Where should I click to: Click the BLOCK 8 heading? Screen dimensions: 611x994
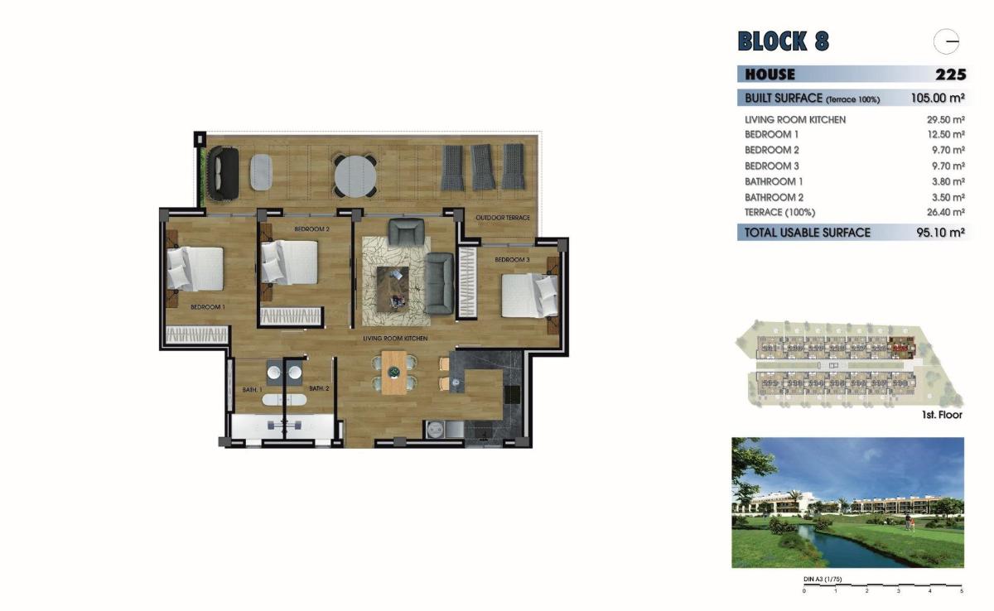click(x=783, y=41)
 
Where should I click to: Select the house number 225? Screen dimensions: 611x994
click(x=950, y=75)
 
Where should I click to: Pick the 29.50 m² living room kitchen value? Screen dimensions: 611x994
click(x=945, y=120)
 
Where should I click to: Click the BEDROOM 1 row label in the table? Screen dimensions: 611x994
click(x=771, y=135)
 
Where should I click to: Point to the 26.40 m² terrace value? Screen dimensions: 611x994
click(x=945, y=213)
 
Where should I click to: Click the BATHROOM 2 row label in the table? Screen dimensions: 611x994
click(x=774, y=198)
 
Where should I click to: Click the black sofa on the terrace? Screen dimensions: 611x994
click(x=222, y=174)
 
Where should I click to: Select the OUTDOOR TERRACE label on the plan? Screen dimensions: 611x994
click(x=502, y=218)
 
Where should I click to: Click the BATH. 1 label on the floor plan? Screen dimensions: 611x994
click(x=252, y=389)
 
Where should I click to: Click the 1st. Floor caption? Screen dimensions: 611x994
click(x=941, y=415)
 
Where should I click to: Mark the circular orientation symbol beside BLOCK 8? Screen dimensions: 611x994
click(x=946, y=41)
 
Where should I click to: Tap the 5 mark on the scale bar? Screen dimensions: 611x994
click(x=961, y=591)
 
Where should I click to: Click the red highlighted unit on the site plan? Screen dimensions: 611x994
click(x=898, y=339)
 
